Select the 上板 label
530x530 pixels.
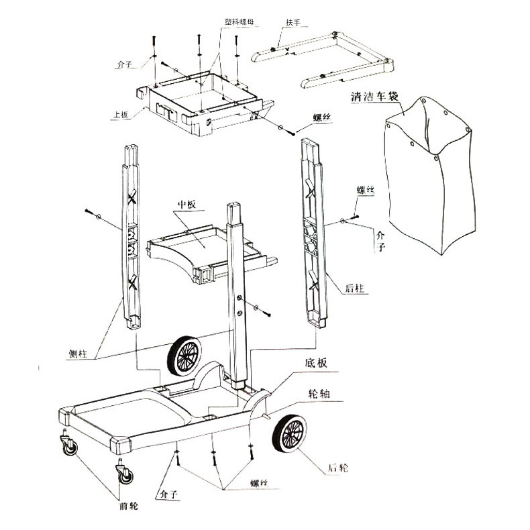click(x=119, y=115)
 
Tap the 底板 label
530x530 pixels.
click(x=316, y=364)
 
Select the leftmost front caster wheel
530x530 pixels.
click(x=68, y=447)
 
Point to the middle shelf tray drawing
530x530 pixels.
click(x=201, y=248)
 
